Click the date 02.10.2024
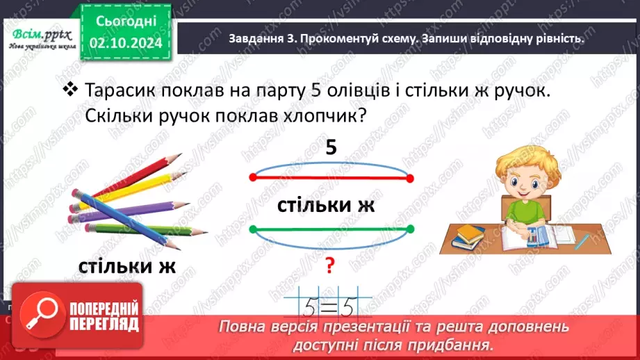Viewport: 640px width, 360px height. (x=126, y=42)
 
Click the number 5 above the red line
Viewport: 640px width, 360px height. (x=331, y=147)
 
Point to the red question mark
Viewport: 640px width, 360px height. (x=331, y=265)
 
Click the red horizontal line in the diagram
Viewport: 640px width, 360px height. (x=331, y=178)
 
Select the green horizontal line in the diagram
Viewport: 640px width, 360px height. (x=331, y=229)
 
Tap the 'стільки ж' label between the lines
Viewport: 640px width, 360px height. (x=326, y=205)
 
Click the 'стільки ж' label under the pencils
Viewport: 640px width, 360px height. (x=127, y=267)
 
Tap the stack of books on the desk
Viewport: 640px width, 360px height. (x=469, y=240)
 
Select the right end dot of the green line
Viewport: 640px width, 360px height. (x=411, y=229)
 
